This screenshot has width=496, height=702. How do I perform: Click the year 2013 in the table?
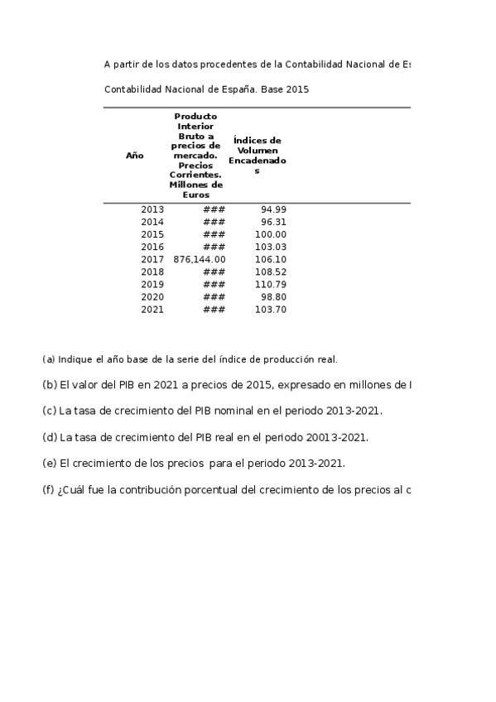(152, 209)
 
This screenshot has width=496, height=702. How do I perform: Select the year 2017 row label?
(152, 259)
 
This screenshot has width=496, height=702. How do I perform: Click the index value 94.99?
(273, 209)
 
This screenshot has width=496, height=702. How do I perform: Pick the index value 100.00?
(271, 234)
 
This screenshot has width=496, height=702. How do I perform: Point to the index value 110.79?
(271, 284)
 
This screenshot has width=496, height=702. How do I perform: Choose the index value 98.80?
(273, 296)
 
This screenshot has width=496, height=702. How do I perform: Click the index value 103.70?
(271, 309)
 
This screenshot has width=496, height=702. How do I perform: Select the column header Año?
(134, 155)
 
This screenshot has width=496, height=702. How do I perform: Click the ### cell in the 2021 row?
(214, 309)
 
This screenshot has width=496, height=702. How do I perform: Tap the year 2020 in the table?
(152, 296)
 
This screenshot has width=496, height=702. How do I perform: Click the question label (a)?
(48, 359)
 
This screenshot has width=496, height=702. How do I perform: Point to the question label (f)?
(48, 489)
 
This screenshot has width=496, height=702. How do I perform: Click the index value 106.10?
(271, 259)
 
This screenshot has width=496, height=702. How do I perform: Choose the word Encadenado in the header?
(257, 160)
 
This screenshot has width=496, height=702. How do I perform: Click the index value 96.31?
(273, 222)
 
